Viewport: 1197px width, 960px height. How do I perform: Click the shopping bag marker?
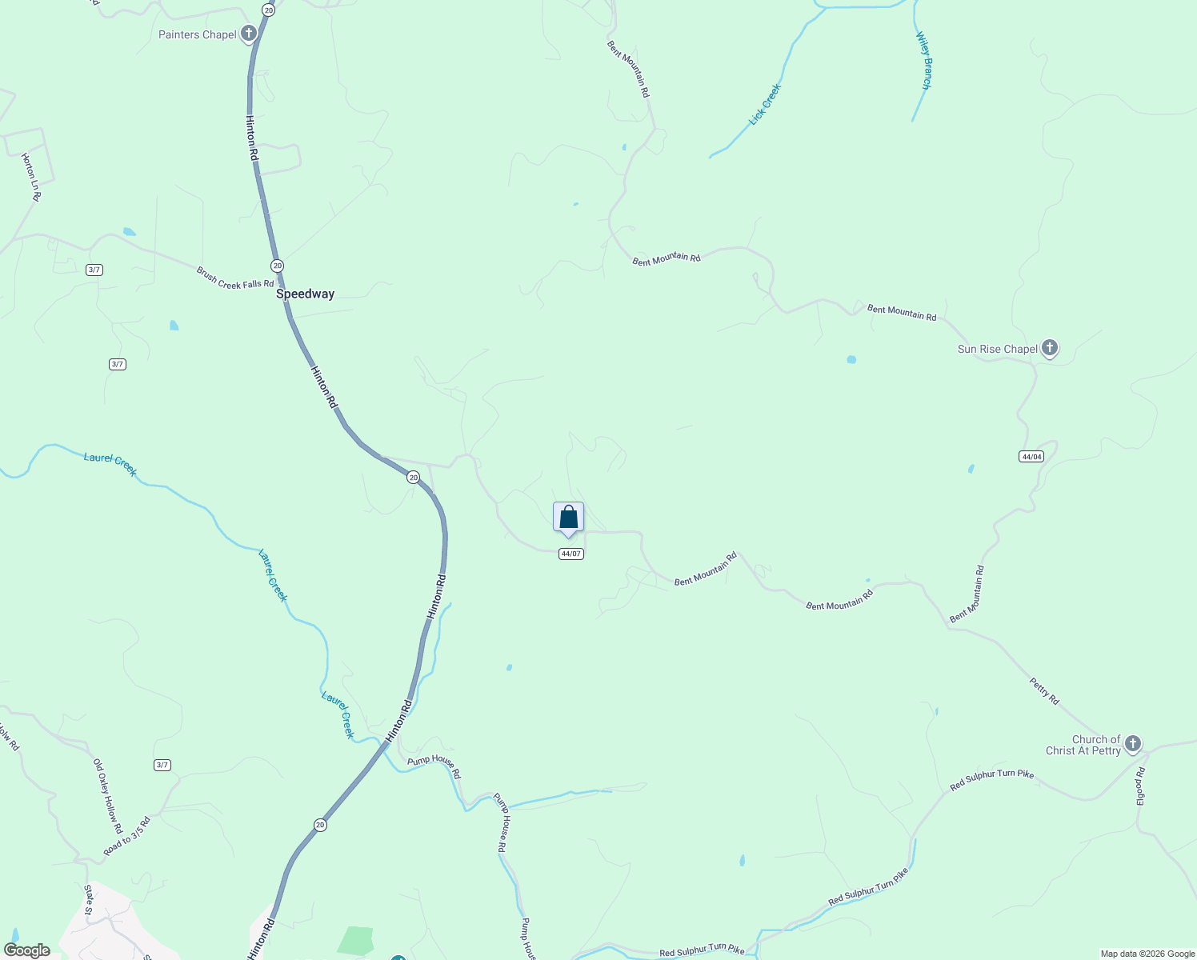pyautogui.click(x=568, y=518)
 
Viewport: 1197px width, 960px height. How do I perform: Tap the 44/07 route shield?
pyautogui.click(x=570, y=554)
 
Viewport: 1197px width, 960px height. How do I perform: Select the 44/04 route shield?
pyautogui.click(x=1031, y=457)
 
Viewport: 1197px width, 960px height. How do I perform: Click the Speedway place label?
pyautogui.click(x=305, y=294)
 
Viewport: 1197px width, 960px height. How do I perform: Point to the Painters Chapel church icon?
pyautogui.click(x=249, y=34)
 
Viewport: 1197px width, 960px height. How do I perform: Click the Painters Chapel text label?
pyautogui.click(x=197, y=34)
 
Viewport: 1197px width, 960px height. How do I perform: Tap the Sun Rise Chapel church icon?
pyautogui.click(x=1050, y=348)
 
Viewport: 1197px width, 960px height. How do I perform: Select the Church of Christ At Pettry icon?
pyautogui.click(x=1132, y=744)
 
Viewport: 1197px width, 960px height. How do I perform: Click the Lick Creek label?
pyautogui.click(x=764, y=105)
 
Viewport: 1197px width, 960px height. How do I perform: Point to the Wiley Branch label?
pyautogui.click(x=924, y=61)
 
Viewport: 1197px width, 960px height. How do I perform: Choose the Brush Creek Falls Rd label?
pyautogui.click(x=234, y=278)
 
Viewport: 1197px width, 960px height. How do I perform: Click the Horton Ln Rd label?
pyautogui.click(x=31, y=177)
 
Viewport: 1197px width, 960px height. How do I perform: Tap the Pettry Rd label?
pyautogui.click(x=1044, y=691)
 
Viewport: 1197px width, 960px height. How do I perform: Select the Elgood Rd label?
pyautogui.click(x=1141, y=786)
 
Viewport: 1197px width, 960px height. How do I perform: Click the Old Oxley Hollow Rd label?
pyautogui.click(x=107, y=796)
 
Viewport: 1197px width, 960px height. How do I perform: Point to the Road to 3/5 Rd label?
pyautogui.click(x=126, y=836)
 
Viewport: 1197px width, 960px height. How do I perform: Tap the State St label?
pyautogui.click(x=90, y=899)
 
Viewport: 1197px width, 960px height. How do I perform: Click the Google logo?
pyautogui.click(x=26, y=950)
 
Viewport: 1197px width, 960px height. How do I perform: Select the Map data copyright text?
pyautogui.click(x=1147, y=954)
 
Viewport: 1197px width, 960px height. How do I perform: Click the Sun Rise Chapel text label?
pyautogui.click(x=997, y=349)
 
